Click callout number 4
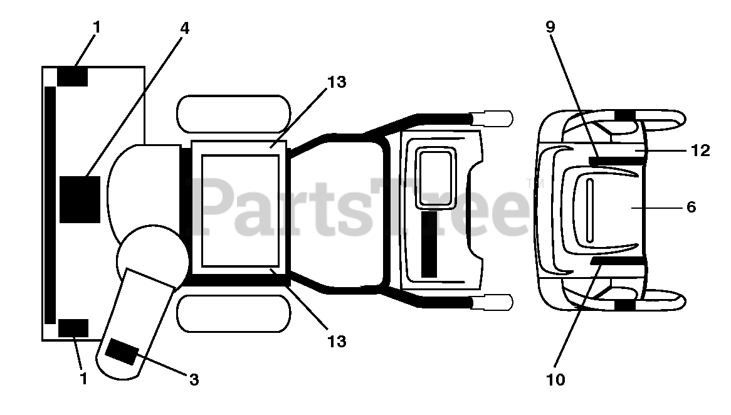click(184, 28)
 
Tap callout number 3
click(194, 379)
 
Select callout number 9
click(550, 27)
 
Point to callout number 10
click(555, 379)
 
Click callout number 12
click(700, 150)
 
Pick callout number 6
click(692, 207)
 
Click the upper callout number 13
click(337, 82)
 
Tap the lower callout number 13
click(337, 342)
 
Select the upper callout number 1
click(96, 28)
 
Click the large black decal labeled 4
click(80, 199)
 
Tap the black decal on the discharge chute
click(122, 351)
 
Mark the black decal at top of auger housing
click(73, 76)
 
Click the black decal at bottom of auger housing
click(73, 327)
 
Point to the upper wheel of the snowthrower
click(234, 113)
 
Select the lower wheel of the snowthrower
click(234, 313)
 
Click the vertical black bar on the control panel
click(429, 244)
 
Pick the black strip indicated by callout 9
click(616, 161)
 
